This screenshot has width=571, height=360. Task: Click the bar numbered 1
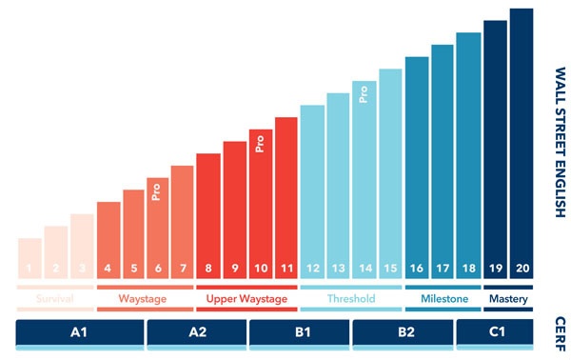click(x=30, y=258)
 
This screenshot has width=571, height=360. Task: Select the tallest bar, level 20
click(x=522, y=143)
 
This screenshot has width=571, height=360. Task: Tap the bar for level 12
click(x=311, y=190)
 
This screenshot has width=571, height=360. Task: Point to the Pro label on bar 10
click(x=260, y=144)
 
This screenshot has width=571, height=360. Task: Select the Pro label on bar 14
click(x=364, y=93)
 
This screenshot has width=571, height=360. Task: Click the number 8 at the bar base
click(x=207, y=270)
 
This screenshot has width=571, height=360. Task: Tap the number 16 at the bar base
click(x=416, y=270)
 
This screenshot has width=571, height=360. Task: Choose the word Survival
click(x=55, y=299)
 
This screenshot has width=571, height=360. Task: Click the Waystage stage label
click(x=142, y=299)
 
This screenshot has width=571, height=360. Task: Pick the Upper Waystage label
click(x=246, y=299)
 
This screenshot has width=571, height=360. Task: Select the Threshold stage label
click(x=350, y=299)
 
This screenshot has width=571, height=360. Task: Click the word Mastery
click(x=508, y=299)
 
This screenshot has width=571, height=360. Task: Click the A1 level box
click(x=80, y=332)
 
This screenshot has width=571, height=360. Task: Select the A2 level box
click(x=196, y=332)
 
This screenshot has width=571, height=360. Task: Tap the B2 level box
click(x=403, y=332)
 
